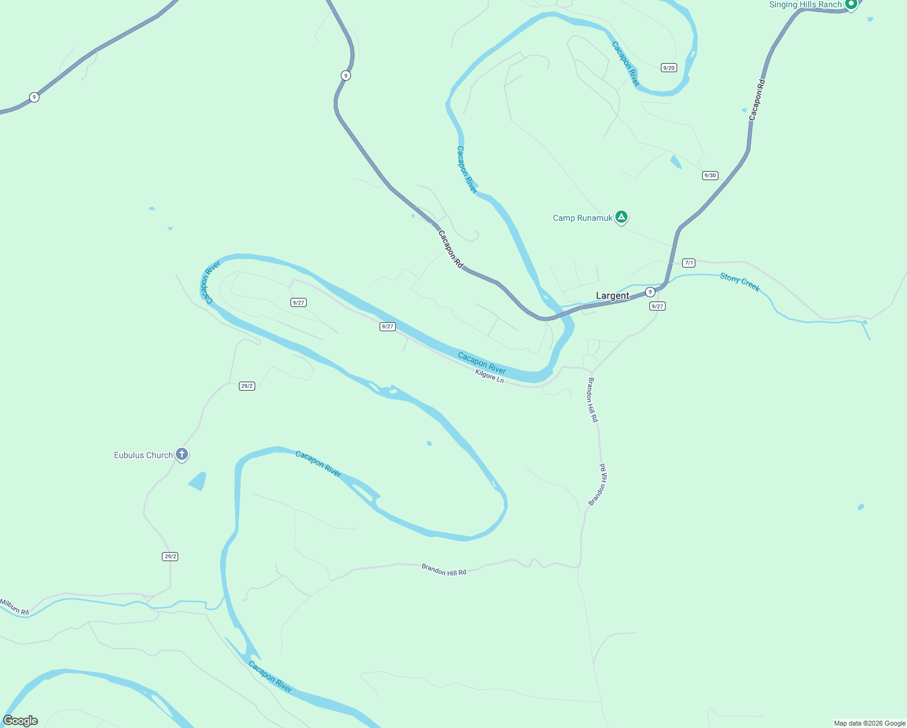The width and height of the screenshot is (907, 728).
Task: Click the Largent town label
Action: click(x=612, y=296)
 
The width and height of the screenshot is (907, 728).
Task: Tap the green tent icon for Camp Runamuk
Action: click(x=621, y=217)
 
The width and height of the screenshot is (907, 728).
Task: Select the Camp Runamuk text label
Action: click(x=583, y=218)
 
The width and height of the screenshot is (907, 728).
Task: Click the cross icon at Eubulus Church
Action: click(x=181, y=454)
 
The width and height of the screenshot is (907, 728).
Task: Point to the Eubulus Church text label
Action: click(x=144, y=455)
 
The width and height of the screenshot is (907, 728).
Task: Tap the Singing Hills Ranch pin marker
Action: click(x=851, y=4)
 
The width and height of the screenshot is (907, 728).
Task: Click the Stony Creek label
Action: click(x=740, y=282)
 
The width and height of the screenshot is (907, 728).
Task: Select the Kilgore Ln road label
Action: click(x=489, y=376)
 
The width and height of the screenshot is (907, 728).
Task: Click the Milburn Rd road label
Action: click(x=15, y=607)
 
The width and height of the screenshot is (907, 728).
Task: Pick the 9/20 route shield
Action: click(x=669, y=68)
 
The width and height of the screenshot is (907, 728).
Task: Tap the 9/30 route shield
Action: click(x=709, y=175)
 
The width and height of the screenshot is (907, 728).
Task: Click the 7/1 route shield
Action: click(x=688, y=263)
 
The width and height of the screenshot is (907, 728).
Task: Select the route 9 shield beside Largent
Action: click(x=650, y=292)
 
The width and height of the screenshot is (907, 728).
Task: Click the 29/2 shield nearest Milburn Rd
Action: click(x=170, y=556)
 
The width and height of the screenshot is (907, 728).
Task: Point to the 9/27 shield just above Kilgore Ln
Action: click(x=387, y=326)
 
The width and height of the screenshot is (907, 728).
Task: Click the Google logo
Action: click(x=20, y=721)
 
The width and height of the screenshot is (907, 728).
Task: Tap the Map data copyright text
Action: click(x=869, y=723)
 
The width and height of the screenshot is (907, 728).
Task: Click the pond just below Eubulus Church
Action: click(x=198, y=481)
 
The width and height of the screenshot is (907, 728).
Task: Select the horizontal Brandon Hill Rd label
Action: click(x=444, y=570)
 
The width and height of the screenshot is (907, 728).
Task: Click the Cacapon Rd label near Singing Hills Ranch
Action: click(x=757, y=99)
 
